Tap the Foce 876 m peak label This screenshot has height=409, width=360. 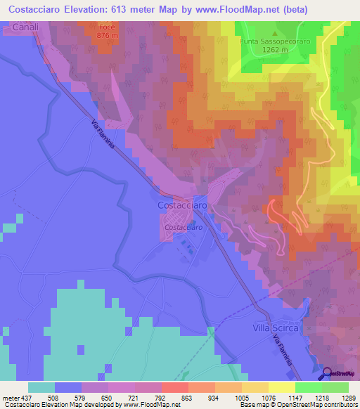point(106,31)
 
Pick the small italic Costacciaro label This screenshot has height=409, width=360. point(184,227)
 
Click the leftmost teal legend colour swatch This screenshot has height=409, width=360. point(41,387)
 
